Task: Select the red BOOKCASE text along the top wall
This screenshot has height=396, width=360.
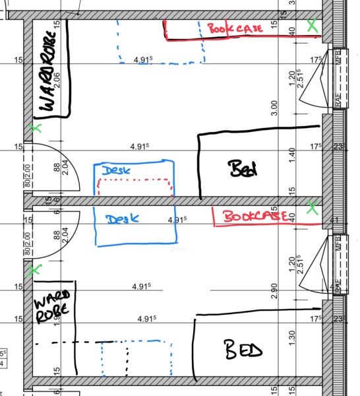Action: tap(235, 28)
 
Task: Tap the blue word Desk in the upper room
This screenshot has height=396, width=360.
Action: tap(116, 170)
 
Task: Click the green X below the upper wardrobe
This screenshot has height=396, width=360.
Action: tap(36, 127)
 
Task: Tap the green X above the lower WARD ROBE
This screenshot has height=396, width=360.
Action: tap(35, 269)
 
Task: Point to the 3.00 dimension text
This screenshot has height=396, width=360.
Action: tap(274, 107)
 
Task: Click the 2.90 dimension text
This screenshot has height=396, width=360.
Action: tap(274, 289)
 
